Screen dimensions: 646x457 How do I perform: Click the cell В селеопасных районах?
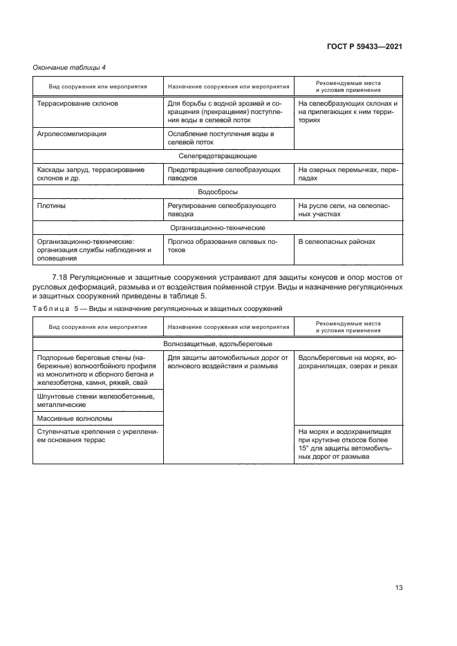tap(337, 242)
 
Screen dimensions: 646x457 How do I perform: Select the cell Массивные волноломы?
tap(74, 418)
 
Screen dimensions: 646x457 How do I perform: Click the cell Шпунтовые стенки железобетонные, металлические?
tap(95, 400)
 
